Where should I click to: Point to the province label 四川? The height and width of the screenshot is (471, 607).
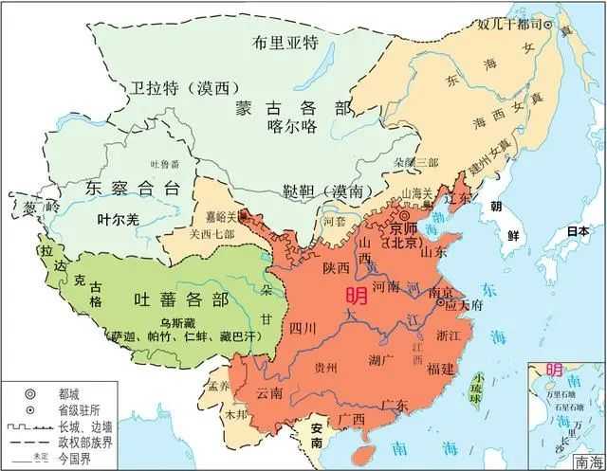click(302, 329)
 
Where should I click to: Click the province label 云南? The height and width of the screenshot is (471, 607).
click(269, 392)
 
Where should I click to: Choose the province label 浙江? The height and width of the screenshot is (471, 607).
click(449, 335)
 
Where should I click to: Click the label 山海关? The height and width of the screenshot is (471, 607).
click(419, 192)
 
